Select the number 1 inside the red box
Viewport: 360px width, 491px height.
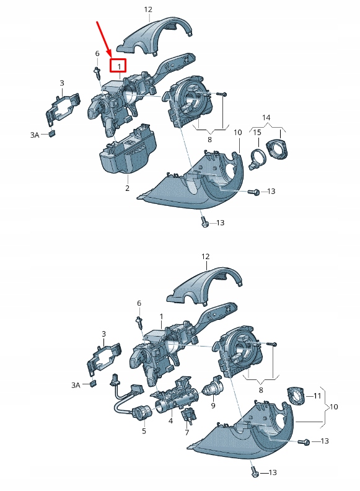click(118, 65)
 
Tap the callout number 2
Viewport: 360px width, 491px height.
click(127, 188)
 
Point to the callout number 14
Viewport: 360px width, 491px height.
click(266, 117)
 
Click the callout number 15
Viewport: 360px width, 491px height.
click(257, 133)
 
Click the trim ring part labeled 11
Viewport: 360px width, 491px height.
click(296, 394)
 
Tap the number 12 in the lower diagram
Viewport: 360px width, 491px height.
click(205, 256)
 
